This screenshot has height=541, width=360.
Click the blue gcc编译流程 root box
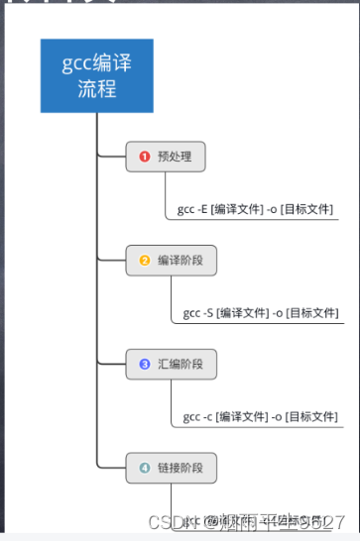97,76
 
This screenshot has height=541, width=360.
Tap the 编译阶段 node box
171,261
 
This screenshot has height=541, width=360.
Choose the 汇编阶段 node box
171,365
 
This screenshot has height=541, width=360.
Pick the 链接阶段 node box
171,467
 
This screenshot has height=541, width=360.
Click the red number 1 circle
144,157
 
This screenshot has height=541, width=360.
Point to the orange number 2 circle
144,261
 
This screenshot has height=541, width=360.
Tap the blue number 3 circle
144,365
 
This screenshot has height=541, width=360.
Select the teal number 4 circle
144,467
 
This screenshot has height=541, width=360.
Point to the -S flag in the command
210,314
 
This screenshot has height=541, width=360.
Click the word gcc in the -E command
185,210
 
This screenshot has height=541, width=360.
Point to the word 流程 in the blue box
97,90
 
